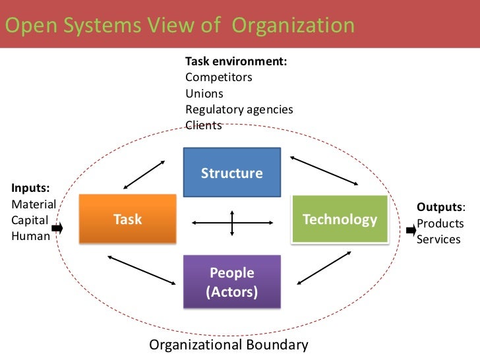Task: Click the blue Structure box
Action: pos(231,173)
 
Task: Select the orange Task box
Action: pos(127,219)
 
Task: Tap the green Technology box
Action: pos(340,219)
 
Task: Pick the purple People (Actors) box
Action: pos(231,282)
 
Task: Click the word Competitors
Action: pos(218,77)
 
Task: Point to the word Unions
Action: pos(204,93)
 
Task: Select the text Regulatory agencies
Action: pos(239,109)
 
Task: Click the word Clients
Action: pos(204,125)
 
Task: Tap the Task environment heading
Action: pos(235,61)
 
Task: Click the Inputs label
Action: pos(30,188)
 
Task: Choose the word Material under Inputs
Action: pos(34,204)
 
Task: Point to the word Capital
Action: pos(30,220)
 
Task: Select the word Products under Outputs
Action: pos(440,224)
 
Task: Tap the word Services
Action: pos(438,239)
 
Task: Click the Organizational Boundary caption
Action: pos(229,345)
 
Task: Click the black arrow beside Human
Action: pos(57,228)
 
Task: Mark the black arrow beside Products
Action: pos(411,230)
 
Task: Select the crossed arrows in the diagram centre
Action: pos(231,222)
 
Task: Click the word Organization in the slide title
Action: pos(293,25)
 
